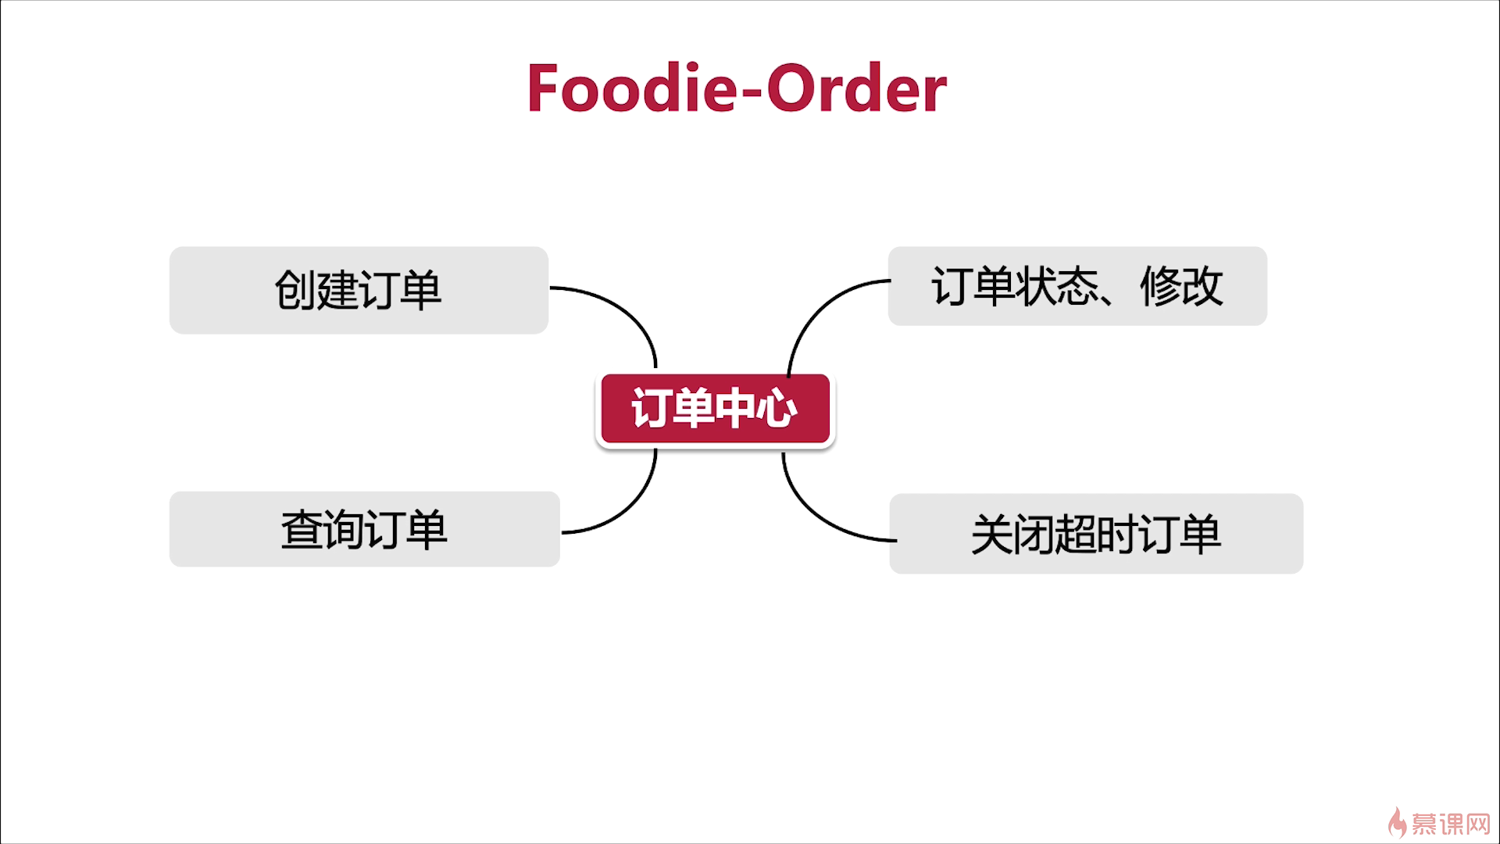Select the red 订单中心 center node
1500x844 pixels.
(x=715, y=409)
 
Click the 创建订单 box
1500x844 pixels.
(x=359, y=290)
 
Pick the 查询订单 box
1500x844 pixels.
(x=364, y=529)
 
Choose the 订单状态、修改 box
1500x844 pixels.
(x=1077, y=286)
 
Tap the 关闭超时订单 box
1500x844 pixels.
(x=1095, y=534)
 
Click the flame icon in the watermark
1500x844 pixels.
(x=1397, y=823)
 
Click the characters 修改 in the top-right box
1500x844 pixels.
(x=1181, y=286)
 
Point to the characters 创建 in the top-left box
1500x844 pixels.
(x=316, y=290)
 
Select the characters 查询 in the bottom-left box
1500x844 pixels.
(x=322, y=529)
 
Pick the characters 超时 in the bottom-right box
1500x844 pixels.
(x=1095, y=534)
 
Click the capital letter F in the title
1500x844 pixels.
(x=544, y=89)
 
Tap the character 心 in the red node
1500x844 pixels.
(x=777, y=409)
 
